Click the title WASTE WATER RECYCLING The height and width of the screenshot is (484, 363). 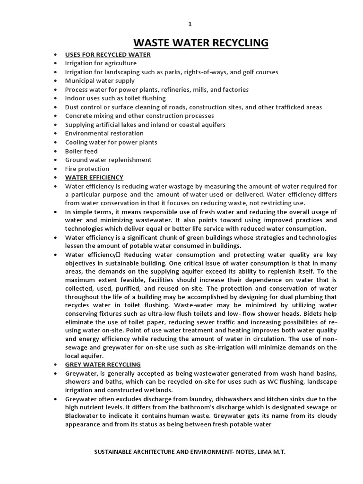(201, 43)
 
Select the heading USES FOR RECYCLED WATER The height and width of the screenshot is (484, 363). (108, 54)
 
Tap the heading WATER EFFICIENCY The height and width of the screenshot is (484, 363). (94, 177)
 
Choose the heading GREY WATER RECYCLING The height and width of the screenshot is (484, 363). (103, 364)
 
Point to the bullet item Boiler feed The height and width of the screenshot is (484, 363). (81, 151)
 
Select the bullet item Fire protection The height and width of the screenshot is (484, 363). (87, 169)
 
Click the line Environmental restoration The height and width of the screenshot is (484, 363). (104, 133)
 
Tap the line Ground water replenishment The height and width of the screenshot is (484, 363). (108, 160)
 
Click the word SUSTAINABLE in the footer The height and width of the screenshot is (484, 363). (113, 452)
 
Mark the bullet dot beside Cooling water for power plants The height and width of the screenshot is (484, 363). (56, 142)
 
